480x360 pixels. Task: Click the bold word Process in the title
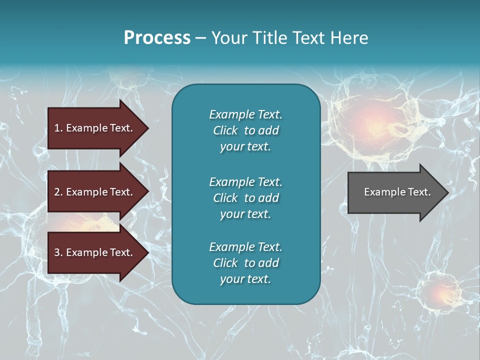pyautogui.click(x=157, y=38)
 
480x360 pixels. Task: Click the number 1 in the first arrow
pyautogui.click(x=57, y=128)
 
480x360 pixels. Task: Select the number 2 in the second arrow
pyautogui.click(x=57, y=192)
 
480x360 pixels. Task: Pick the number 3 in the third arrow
pyautogui.click(x=57, y=252)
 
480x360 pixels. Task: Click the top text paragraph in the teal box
pyautogui.click(x=245, y=130)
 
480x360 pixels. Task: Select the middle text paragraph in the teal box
pyautogui.click(x=245, y=197)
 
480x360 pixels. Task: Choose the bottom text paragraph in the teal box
pyautogui.click(x=245, y=263)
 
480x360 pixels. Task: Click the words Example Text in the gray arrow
pyautogui.click(x=397, y=192)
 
